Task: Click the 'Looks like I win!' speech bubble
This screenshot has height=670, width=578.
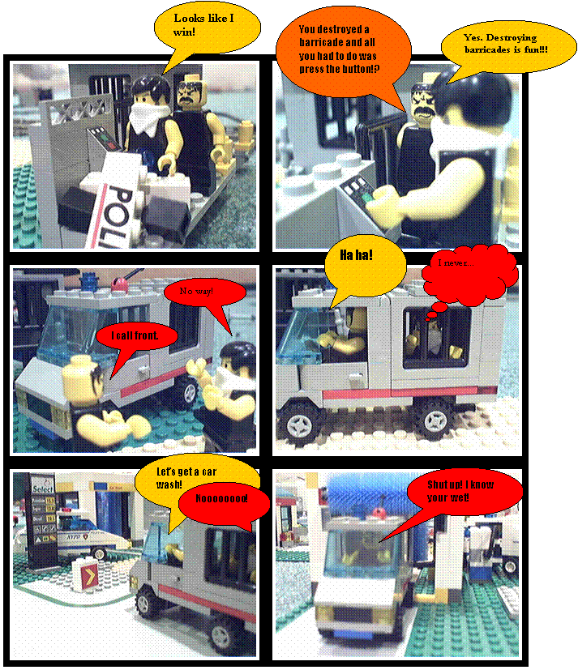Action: tap(206, 32)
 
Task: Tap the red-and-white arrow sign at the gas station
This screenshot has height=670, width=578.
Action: tap(85, 576)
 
